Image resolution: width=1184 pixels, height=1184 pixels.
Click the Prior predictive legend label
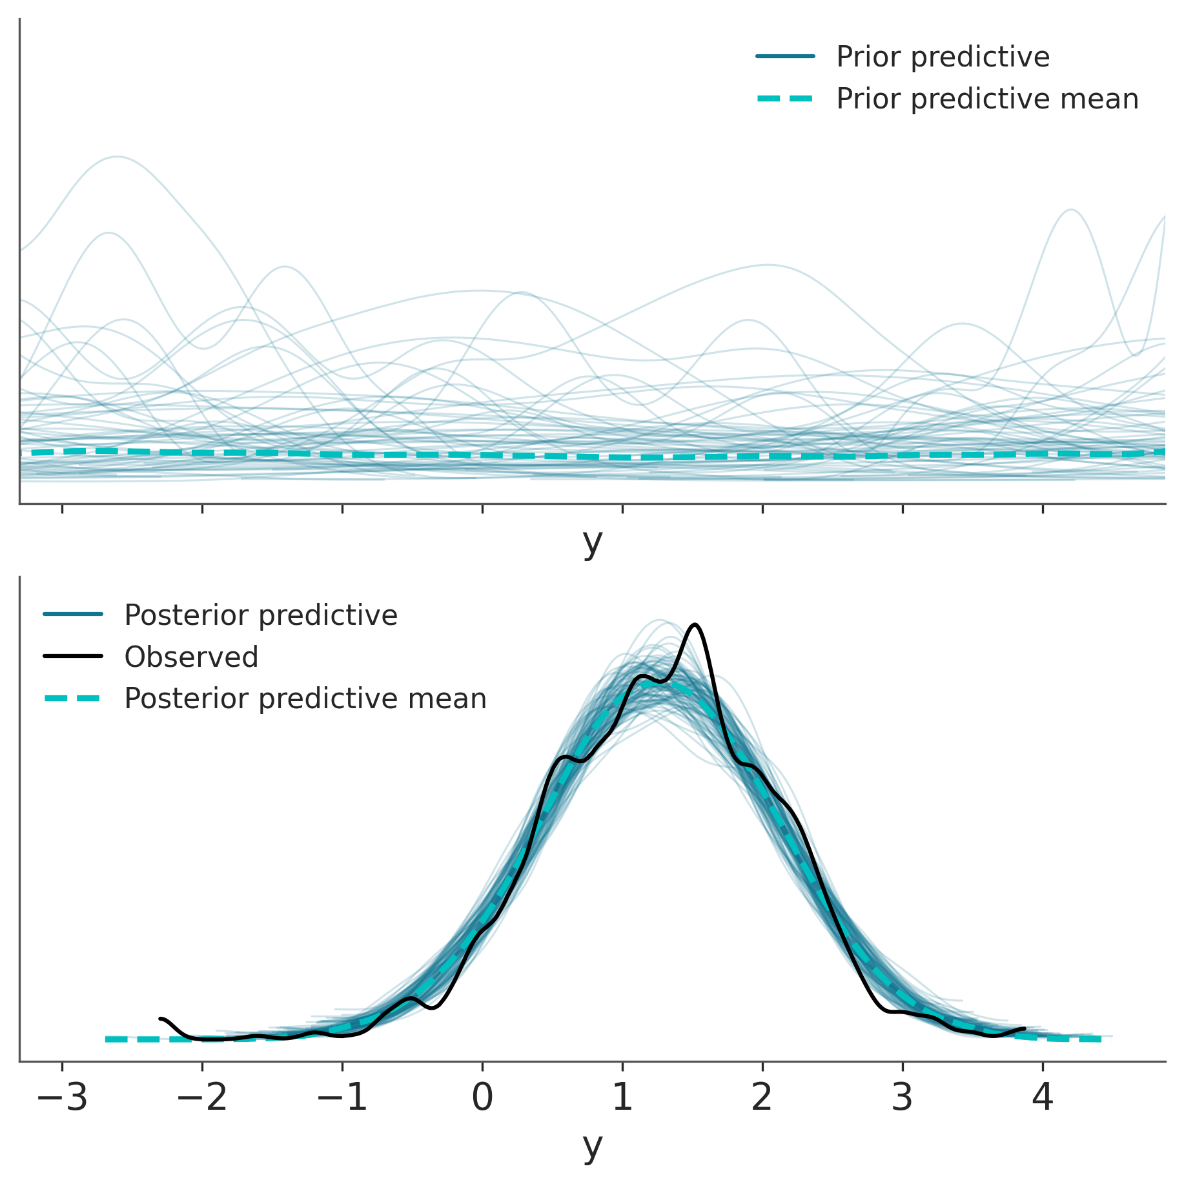(943, 57)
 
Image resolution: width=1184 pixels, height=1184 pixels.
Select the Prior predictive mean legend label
(987, 99)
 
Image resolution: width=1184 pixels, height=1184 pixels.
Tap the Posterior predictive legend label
(261, 615)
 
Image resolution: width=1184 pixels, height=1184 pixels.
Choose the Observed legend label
(191, 657)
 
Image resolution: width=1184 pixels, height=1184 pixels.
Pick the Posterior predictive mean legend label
(305, 699)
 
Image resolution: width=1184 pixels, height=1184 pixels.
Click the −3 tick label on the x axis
(62, 1097)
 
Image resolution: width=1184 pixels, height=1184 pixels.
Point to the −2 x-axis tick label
(202, 1097)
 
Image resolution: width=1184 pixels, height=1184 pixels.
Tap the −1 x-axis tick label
(342, 1097)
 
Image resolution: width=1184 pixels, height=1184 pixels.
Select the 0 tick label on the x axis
(482, 1097)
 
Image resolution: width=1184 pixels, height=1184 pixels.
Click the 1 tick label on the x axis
(622, 1097)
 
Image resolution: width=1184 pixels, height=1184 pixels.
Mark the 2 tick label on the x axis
(762, 1097)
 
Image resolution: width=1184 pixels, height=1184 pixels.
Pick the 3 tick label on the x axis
(903, 1097)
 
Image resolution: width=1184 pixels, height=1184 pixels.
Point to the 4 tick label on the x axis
(1043, 1097)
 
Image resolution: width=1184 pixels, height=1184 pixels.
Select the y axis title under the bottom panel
(592, 1147)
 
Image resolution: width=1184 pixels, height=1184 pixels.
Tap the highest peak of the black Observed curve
(695, 624)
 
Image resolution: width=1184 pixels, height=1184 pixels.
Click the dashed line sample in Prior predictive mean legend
(785, 99)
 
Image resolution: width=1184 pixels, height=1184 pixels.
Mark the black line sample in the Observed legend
(73, 657)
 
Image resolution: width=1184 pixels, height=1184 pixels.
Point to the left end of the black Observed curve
(160, 1018)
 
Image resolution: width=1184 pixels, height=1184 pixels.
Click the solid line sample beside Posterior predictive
(73, 615)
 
